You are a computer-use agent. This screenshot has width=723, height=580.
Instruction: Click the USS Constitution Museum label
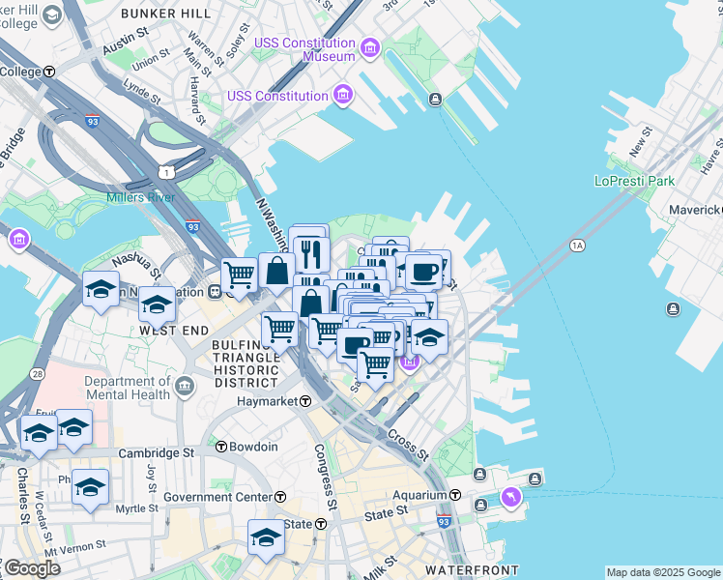(304, 49)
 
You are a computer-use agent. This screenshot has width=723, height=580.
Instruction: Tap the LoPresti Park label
(634, 181)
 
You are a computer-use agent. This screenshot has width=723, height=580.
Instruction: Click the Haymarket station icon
(304, 401)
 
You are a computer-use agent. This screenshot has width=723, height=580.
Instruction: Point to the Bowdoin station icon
(220, 447)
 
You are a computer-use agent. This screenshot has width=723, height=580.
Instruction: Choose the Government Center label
(217, 497)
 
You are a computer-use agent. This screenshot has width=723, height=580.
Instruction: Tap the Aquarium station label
(420, 495)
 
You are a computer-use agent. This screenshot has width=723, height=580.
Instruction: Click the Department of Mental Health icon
(184, 388)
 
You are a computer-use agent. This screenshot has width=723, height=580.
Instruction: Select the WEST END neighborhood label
(174, 331)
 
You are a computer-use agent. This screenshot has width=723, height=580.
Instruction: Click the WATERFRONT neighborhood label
(459, 571)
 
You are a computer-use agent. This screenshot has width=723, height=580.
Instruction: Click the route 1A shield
(578, 246)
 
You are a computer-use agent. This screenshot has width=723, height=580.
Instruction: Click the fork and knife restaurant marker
(310, 254)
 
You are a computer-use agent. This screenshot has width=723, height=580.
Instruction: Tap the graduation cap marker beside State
(266, 538)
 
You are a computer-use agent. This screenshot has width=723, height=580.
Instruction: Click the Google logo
(32, 569)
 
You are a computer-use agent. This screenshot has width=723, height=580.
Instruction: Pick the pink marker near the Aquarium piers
(511, 497)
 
